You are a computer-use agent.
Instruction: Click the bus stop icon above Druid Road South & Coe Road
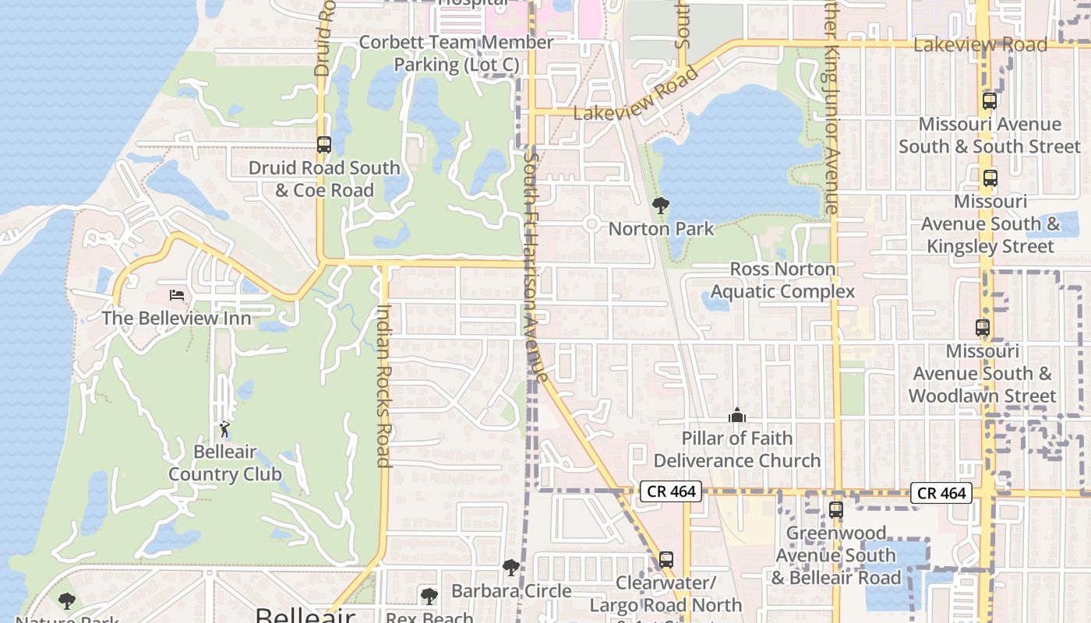pyautogui.click(x=324, y=145)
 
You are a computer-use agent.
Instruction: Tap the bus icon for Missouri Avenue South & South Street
pyautogui.click(x=990, y=101)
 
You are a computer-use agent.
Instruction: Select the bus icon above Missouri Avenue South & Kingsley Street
pyautogui.click(x=990, y=178)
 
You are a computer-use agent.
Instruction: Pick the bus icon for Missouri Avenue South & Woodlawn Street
pyautogui.click(x=983, y=328)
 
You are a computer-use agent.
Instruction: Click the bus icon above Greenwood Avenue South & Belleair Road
pyautogui.click(x=836, y=510)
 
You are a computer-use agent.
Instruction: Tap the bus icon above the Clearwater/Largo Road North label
pyautogui.click(x=666, y=559)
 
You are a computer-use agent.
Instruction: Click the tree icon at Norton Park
pyautogui.click(x=661, y=206)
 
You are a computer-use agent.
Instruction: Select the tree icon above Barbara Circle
pyautogui.click(x=511, y=568)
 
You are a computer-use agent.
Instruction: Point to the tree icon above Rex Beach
pyautogui.click(x=429, y=597)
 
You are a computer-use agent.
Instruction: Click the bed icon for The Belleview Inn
pyautogui.click(x=178, y=295)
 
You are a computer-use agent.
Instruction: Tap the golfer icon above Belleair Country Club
pyautogui.click(x=224, y=428)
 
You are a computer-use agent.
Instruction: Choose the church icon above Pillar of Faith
pyautogui.click(x=737, y=415)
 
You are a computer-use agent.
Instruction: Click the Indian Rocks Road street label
pyautogui.click(x=383, y=385)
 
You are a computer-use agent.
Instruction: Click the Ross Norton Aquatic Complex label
pyautogui.click(x=782, y=280)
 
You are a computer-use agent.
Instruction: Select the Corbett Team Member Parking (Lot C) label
pyautogui.click(x=456, y=54)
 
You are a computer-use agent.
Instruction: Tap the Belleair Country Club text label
pyautogui.click(x=225, y=463)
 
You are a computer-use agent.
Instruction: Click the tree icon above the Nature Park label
pyautogui.click(x=67, y=600)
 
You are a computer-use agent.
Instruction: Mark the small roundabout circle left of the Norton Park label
pyautogui.click(x=591, y=224)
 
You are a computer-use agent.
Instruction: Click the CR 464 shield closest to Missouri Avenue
pyautogui.click(x=941, y=493)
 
